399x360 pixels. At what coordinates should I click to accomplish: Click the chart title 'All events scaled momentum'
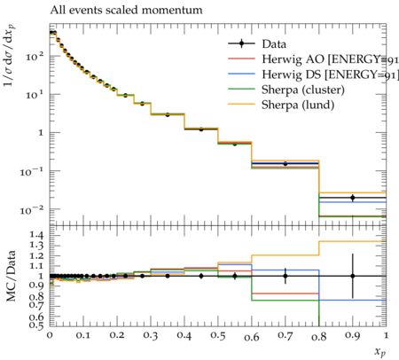click(126, 10)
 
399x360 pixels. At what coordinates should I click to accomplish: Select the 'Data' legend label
click(274, 44)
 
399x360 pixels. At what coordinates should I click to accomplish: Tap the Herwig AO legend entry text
click(330, 59)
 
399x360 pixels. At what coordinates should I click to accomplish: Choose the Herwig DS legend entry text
click(330, 74)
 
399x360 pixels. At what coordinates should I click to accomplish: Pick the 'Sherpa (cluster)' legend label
click(303, 90)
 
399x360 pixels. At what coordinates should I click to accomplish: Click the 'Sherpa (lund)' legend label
click(298, 105)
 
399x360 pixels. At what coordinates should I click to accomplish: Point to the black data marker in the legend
click(241, 43)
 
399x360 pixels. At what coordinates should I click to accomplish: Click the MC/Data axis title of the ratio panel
click(11, 276)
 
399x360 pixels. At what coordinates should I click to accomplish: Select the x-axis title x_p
click(380, 352)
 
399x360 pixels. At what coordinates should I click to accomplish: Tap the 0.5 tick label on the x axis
click(218, 335)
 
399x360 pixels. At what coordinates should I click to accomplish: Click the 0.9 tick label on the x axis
click(352, 336)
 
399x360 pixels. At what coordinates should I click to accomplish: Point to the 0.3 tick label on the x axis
click(151, 335)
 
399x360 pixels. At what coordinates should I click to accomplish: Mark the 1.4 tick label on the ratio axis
click(36, 235)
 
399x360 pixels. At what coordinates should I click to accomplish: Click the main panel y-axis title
click(10, 56)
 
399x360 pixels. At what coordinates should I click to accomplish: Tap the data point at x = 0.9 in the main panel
click(352, 198)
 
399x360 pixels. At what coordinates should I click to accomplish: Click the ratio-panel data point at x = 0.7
click(286, 276)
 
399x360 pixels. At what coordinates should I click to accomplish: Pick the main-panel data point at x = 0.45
click(201, 129)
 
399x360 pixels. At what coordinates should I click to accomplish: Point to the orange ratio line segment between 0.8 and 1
click(352, 241)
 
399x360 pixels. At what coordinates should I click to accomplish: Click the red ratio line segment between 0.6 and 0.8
click(286, 293)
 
